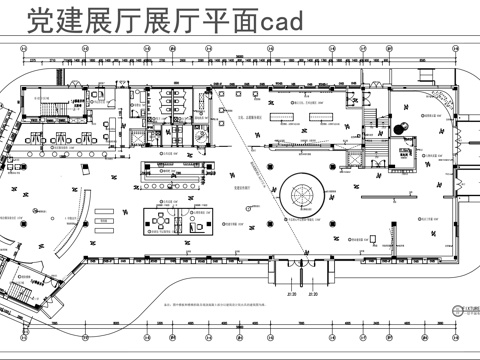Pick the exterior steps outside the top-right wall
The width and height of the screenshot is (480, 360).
[431, 72]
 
